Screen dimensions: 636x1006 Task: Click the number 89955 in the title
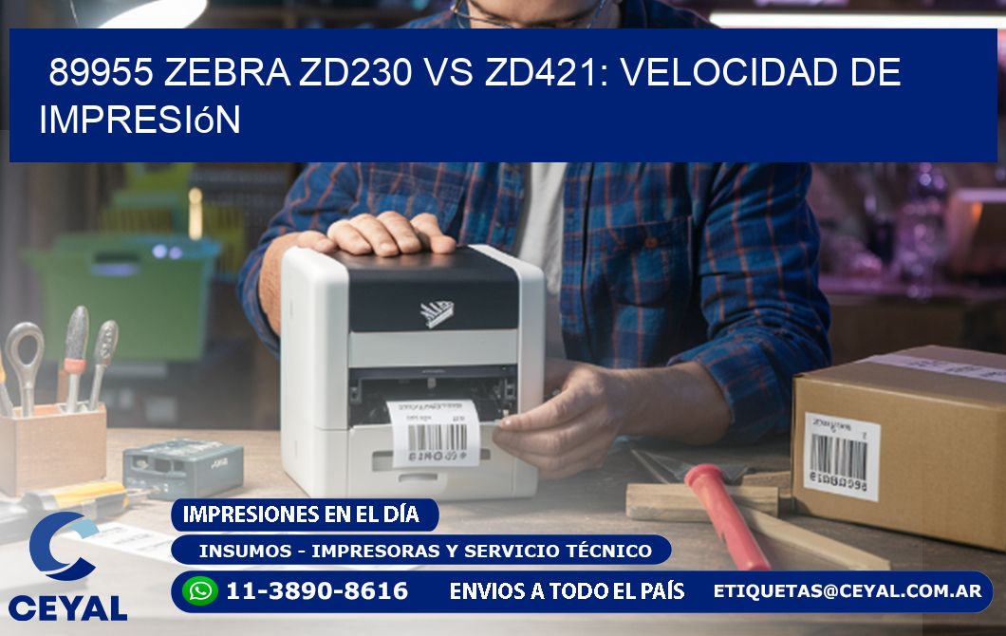(x=101, y=73)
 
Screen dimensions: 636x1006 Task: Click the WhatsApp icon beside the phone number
(x=200, y=591)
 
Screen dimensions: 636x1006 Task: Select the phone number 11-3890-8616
(x=316, y=591)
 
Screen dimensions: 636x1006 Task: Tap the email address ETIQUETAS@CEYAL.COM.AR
(x=847, y=591)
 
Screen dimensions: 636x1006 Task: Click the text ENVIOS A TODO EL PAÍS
(x=567, y=591)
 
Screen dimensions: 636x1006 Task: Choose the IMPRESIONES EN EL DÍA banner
(x=301, y=514)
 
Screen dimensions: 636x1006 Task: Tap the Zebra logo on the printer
(x=438, y=312)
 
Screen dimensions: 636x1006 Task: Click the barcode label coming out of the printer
(x=433, y=432)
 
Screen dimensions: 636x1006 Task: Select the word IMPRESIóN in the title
(x=140, y=120)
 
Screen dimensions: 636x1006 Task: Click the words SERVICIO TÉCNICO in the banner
(x=577, y=551)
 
